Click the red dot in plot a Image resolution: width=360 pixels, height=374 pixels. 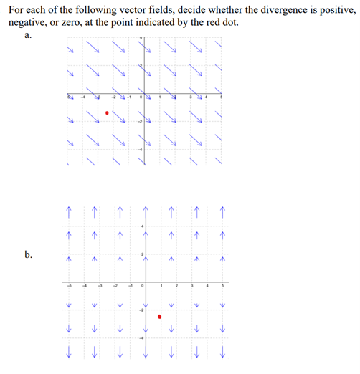pyautogui.click(x=107, y=112)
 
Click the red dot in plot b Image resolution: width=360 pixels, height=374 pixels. pyautogui.click(x=160, y=315)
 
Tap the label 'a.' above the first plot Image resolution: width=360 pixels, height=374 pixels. pyautogui.click(x=27, y=37)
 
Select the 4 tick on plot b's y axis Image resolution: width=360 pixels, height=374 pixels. pyautogui.click(x=142, y=227)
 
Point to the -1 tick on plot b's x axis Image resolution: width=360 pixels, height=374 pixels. pyautogui.click(x=130, y=287)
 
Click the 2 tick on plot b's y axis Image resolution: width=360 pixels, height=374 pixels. pyautogui.click(x=142, y=255)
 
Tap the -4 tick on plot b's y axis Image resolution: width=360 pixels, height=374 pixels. pyautogui.click(x=141, y=337)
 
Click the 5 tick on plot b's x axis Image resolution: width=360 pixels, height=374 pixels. pyautogui.click(x=223, y=287)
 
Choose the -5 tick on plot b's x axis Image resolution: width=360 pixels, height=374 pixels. pyautogui.click(x=69, y=287)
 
